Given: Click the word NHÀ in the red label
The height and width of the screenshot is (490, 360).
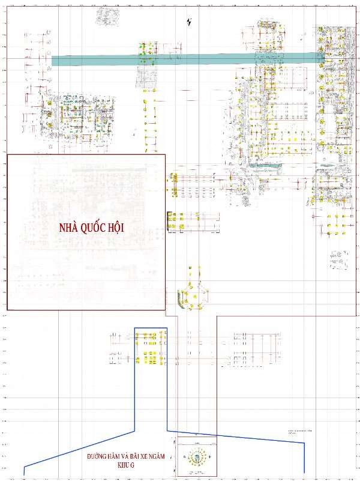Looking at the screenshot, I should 68,228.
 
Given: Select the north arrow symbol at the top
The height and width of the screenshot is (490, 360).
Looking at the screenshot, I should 190,23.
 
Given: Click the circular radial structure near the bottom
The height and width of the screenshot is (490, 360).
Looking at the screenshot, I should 196,459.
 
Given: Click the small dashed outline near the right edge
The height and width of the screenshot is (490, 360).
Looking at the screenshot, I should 337,259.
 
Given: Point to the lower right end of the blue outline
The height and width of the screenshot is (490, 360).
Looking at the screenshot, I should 305,472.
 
